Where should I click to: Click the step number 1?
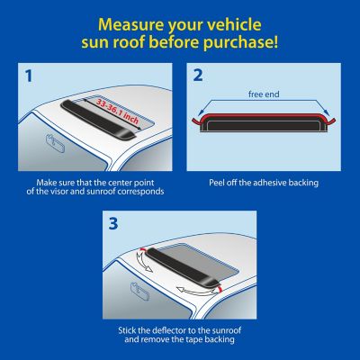click(29, 78)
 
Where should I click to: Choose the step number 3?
click(114, 223)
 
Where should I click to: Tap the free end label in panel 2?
click(263, 93)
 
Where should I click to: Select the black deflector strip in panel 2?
click(263, 122)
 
